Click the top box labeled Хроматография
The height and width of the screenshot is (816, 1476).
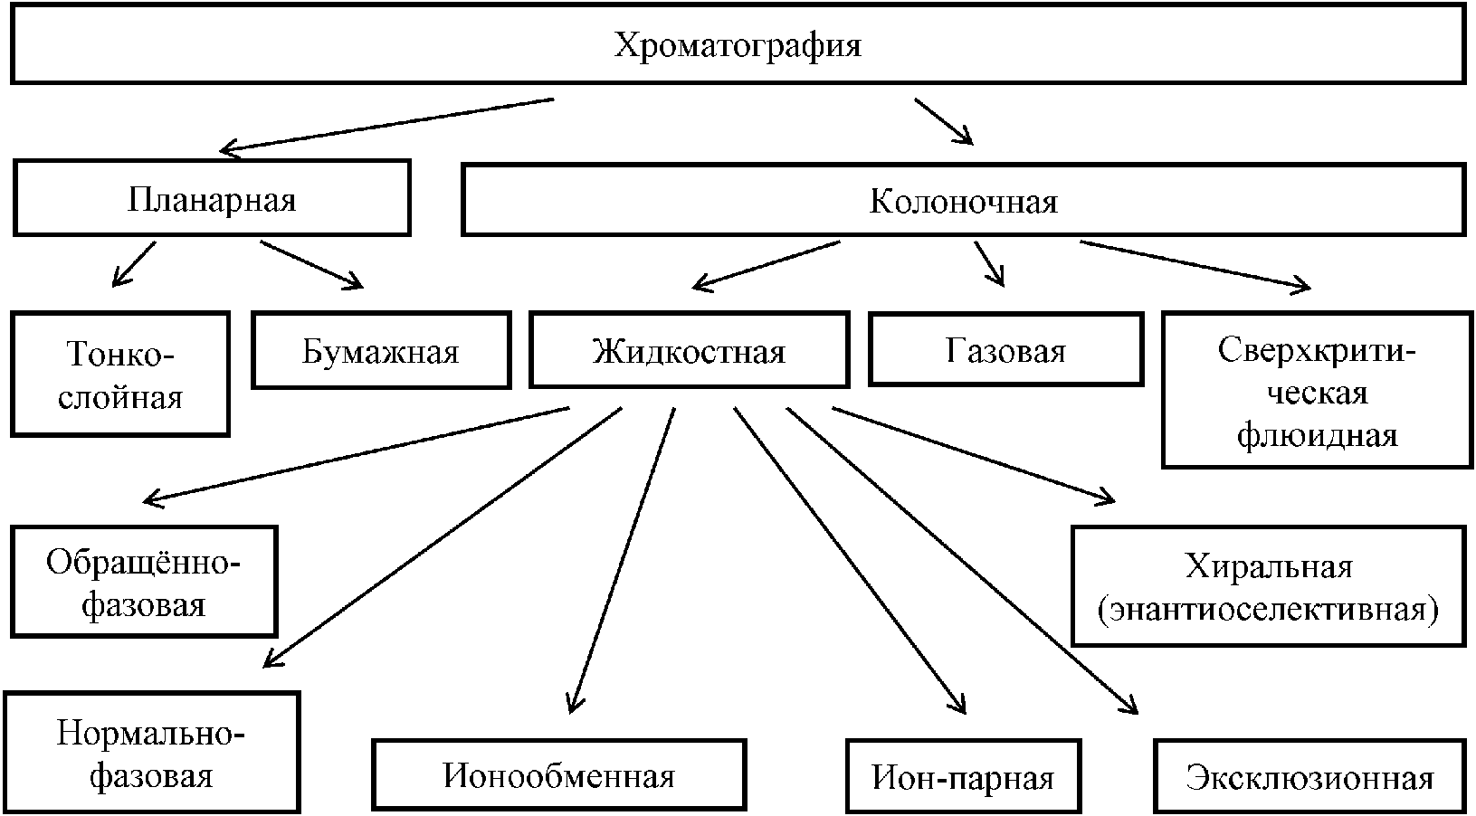pyautogui.click(x=738, y=45)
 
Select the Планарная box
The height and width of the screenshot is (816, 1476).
pyautogui.click(x=212, y=197)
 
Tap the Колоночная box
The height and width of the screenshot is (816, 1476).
pyautogui.click(x=964, y=200)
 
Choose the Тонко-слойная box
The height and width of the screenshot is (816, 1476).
pyautogui.click(x=120, y=375)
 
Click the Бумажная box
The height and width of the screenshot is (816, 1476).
pyautogui.click(x=381, y=350)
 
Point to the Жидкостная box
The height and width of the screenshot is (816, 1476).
pyautogui.click(x=690, y=350)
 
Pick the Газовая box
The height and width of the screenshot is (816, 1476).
pyautogui.click(x=1005, y=349)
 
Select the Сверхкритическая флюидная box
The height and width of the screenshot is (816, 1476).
pyautogui.click(x=1318, y=391)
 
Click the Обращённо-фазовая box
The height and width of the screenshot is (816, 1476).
pyautogui.click(x=144, y=582)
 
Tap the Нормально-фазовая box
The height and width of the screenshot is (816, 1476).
pyautogui.click(x=151, y=752)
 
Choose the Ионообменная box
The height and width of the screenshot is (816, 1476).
pyautogui.click(x=558, y=774)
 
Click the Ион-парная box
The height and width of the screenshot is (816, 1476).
pyautogui.click(x=964, y=776)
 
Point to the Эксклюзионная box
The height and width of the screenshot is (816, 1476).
pyautogui.click(x=1310, y=776)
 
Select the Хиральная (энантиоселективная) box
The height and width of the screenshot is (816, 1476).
pyautogui.click(x=1269, y=586)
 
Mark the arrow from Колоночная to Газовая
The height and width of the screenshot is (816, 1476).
pyautogui.click(x=990, y=263)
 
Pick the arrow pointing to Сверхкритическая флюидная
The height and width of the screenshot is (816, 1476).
pyautogui.click(x=1195, y=265)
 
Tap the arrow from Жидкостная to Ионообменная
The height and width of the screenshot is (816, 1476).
pyautogui.click(x=621, y=561)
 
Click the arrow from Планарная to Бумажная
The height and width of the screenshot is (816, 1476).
pyautogui.click(x=311, y=265)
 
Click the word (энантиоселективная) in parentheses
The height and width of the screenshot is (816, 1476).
pyautogui.click(x=1269, y=609)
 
